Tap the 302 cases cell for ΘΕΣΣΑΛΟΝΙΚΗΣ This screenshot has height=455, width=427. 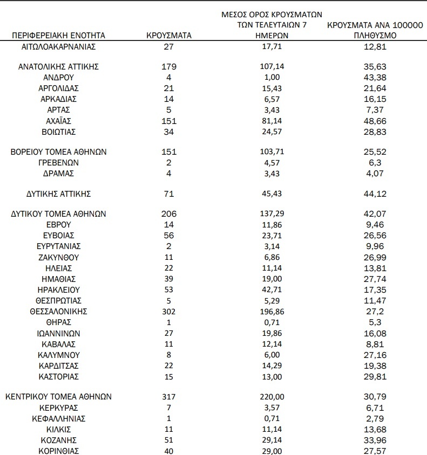coord(170,311)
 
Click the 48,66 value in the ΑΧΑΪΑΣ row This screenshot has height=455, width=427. coord(376,121)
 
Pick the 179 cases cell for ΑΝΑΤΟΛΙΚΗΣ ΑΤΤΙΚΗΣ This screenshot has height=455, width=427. coord(170,67)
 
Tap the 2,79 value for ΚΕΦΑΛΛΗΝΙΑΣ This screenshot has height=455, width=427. coord(376,418)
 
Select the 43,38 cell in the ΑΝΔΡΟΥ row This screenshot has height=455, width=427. coord(376,78)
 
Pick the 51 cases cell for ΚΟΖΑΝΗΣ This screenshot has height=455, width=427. coord(170,439)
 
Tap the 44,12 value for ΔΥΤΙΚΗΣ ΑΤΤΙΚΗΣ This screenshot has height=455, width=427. coord(376,194)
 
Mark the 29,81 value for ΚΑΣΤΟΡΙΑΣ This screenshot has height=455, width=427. coord(376,376)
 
